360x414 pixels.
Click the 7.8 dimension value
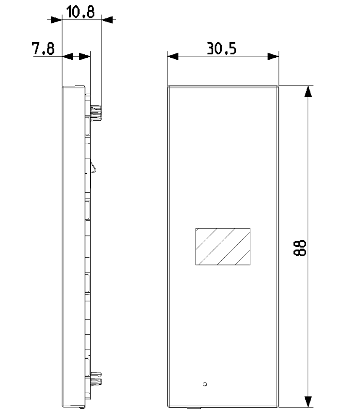click(x=43, y=49)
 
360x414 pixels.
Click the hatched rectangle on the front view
click(x=222, y=247)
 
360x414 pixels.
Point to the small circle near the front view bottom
click(x=204, y=384)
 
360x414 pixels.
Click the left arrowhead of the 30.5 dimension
click(x=173, y=56)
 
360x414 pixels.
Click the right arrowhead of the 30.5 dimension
click(x=273, y=56)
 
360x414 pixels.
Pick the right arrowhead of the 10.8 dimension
click(x=107, y=19)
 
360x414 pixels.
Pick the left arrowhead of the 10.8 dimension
click(x=57, y=19)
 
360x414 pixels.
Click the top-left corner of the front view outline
click(x=168, y=86)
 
